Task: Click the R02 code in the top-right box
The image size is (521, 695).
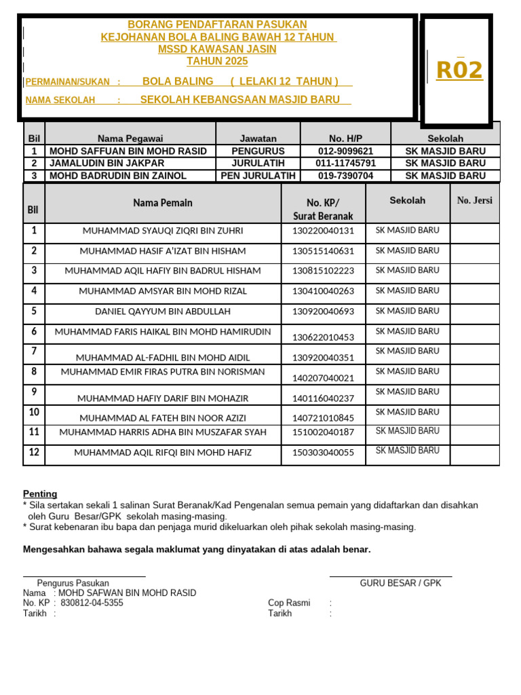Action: click(x=459, y=70)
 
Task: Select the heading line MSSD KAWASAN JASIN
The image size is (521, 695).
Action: click(x=217, y=50)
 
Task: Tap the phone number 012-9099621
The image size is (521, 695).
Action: click(x=345, y=151)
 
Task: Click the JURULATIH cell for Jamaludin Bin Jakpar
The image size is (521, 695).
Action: click(x=258, y=164)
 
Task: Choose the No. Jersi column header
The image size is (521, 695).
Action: click(x=475, y=200)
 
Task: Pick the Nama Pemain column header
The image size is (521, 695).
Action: click(x=163, y=203)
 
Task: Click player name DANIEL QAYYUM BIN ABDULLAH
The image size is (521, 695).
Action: click(x=163, y=312)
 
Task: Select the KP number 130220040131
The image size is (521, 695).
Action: click(x=324, y=231)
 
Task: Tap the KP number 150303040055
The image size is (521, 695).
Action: click(x=324, y=453)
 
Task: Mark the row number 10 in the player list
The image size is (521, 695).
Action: click(x=34, y=412)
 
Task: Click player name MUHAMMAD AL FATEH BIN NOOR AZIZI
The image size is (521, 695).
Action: click(x=163, y=418)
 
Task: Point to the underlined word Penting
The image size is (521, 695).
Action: click(x=40, y=494)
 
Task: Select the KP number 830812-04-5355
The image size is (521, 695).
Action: click(x=92, y=603)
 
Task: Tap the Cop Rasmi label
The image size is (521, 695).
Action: click(x=289, y=603)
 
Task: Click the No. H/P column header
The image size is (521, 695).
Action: click(x=345, y=138)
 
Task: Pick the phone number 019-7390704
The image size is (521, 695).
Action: click(x=345, y=176)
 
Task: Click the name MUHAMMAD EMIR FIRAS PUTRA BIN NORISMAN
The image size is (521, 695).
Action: click(x=163, y=372)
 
